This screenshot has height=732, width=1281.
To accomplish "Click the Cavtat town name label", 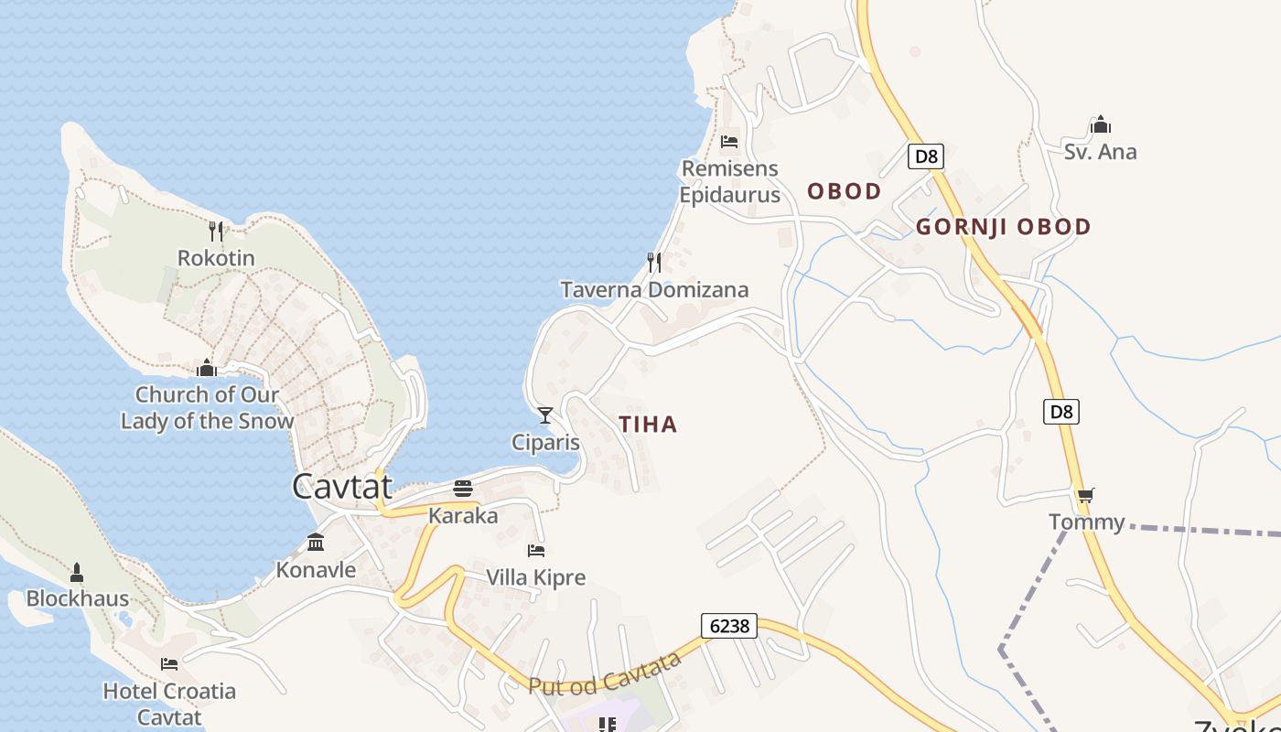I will (342, 486).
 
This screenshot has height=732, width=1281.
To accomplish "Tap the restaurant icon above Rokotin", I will (216, 231).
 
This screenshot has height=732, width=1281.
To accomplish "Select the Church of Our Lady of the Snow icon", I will (207, 368).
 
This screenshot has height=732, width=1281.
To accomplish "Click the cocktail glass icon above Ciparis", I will (545, 415).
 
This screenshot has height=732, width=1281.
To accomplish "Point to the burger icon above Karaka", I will (463, 489).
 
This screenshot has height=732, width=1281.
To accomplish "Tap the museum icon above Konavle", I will (316, 543).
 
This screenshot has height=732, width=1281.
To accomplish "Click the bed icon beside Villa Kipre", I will (536, 550).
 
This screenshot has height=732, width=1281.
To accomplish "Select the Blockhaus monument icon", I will (77, 573).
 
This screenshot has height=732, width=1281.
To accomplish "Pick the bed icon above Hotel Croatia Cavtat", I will (169, 663).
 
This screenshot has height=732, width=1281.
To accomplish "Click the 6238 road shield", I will (729, 626).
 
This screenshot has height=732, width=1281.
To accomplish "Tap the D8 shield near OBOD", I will (926, 156).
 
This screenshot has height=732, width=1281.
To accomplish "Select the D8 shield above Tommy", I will (1061, 412).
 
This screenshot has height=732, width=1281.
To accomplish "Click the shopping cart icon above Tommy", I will (1086, 495).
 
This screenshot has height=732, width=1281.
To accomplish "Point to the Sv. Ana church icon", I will (1100, 124).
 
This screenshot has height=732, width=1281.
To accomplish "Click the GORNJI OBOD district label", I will (1003, 227).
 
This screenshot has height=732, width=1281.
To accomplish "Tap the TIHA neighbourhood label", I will (648, 425).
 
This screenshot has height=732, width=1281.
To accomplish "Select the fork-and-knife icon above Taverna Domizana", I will (654, 263).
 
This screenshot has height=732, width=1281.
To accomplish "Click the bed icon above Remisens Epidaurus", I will (729, 142).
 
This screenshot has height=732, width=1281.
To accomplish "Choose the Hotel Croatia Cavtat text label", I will (169, 704).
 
